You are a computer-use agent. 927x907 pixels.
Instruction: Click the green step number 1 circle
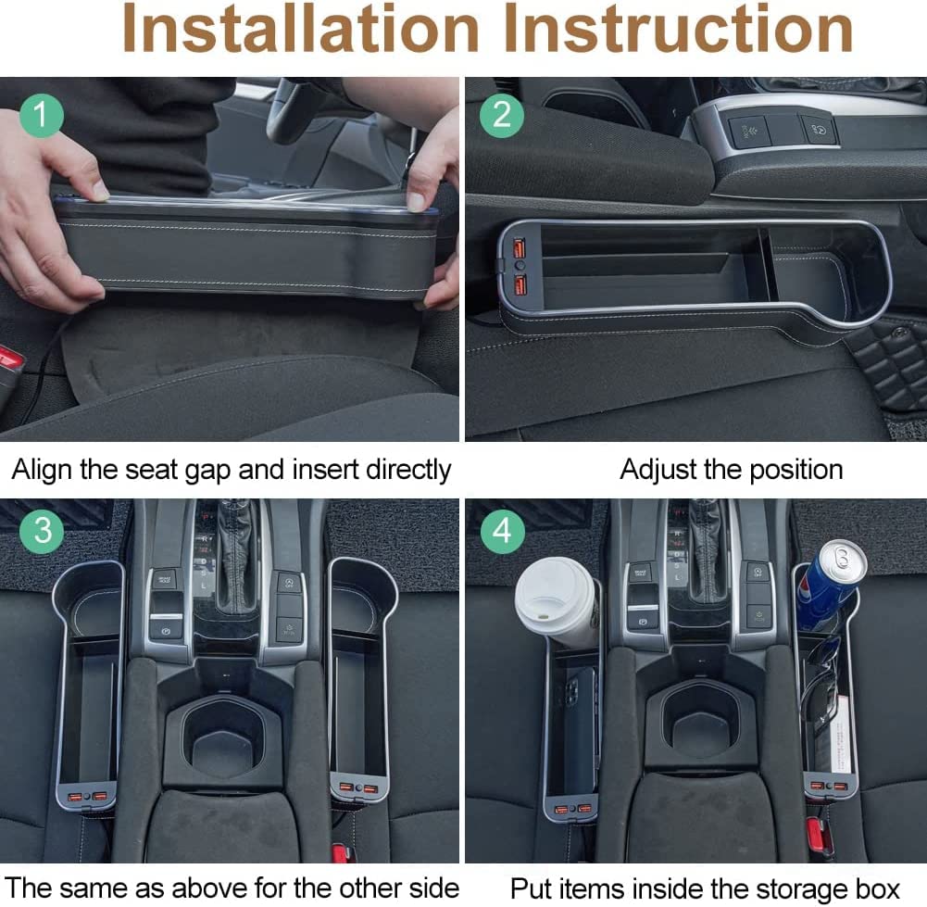pyautogui.click(x=42, y=115)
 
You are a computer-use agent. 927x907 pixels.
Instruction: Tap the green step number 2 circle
pyautogui.click(x=501, y=115)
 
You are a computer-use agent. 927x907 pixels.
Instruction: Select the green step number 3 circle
pyautogui.click(x=42, y=530)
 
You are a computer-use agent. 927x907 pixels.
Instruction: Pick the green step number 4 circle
pyautogui.click(x=501, y=530)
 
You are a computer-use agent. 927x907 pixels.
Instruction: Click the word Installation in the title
pyautogui.click(x=300, y=29)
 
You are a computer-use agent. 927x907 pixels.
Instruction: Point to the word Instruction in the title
pyautogui.click(x=679, y=29)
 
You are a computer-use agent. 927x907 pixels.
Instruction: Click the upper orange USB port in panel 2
pyautogui.click(x=519, y=246)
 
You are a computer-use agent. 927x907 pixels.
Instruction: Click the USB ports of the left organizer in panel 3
pyautogui.click(x=87, y=797)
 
